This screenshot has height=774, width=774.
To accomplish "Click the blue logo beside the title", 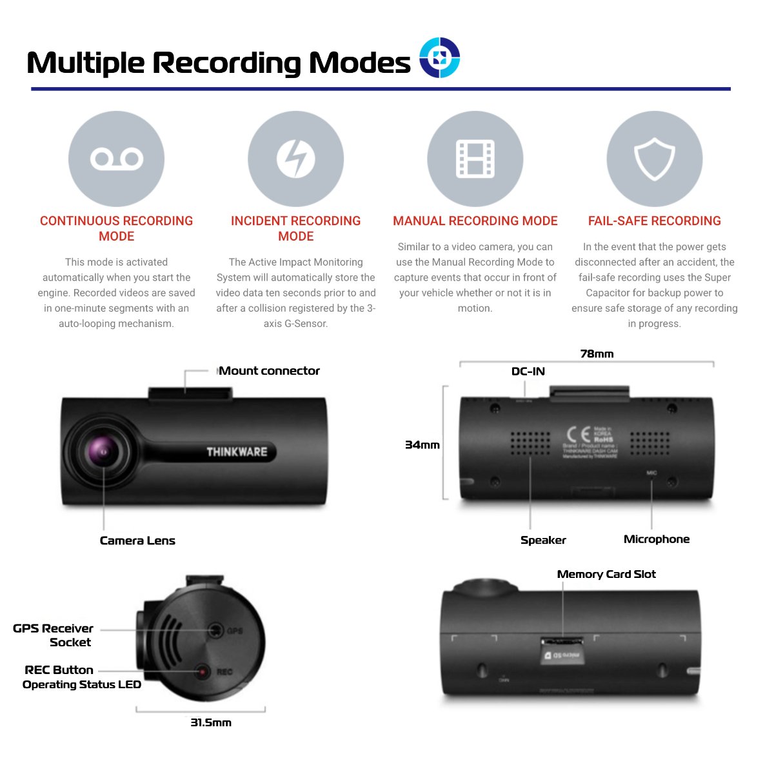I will click(439, 57).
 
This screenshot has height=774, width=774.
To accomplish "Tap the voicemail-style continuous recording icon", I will click(117, 159).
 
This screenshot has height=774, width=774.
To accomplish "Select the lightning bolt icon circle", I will click(296, 159).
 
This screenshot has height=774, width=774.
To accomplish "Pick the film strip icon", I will click(475, 159).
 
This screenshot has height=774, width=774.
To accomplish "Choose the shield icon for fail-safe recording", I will click(655, 159).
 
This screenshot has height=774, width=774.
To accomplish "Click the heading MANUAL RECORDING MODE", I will click(475, 221).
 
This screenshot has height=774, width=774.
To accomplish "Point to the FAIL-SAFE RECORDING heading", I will click(655, 221).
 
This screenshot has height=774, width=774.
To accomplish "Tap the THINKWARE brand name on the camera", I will click(237, 451).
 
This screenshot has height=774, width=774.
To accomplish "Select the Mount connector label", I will click(270, 371).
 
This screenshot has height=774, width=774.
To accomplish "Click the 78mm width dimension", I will click(597, 353).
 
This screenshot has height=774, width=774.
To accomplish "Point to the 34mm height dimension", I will click(422, 445).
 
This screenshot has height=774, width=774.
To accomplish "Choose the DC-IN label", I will click(528, 372).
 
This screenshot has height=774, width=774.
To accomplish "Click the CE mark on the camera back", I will click(577, 435).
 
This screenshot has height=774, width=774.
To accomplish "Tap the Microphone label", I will click(657, 539).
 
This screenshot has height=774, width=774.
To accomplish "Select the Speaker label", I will click(543, 540).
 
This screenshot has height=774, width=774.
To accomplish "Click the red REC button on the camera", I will click(203, 671).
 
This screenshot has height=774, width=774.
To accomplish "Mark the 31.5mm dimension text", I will click(211, 722).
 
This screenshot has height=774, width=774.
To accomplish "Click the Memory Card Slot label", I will click(606, 574).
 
